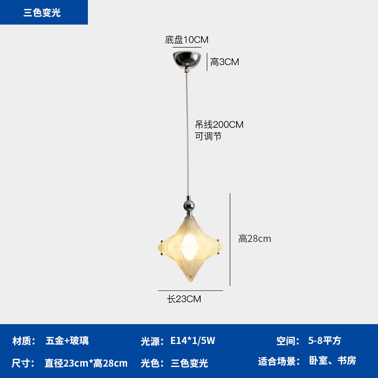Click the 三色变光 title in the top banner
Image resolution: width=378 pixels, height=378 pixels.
click(42, 13)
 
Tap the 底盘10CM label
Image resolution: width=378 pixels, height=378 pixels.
click(187, 40)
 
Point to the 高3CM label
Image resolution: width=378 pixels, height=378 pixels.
click(224, 62)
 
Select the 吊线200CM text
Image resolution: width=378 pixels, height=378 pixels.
click(219, 125)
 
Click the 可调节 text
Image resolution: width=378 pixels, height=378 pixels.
click(208, 136)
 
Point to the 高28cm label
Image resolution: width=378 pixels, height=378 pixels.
click(255, 239)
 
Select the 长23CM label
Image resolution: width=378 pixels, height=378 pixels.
click(184, 299)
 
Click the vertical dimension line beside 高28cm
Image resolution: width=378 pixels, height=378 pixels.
click(230, 239)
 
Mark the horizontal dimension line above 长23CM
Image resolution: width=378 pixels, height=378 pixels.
click(190, 290)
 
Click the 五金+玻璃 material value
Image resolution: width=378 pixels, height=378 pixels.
click(67, 341)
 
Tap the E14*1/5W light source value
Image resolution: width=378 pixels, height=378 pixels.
click(193, 341)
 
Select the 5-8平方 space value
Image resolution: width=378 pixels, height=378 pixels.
click(325, 341)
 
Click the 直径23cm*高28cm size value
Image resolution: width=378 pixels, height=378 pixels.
click(86, 363)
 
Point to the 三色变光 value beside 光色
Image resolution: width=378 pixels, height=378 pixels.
click(189, 363)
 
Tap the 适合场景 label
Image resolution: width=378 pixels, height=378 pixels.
click(279, 361)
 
